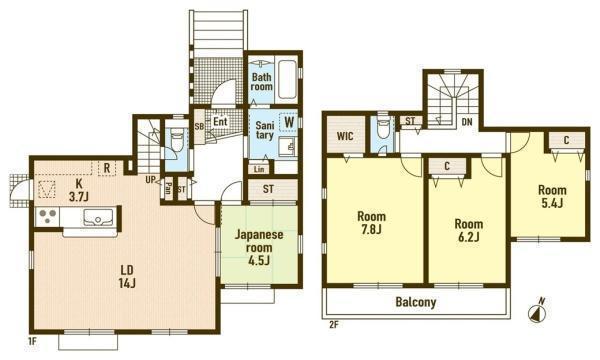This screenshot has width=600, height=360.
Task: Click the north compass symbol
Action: point(537,312)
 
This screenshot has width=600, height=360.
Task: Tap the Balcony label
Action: point(416,302)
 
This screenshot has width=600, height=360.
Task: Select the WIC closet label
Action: point(345,136)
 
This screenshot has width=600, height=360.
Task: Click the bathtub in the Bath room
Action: point(287,79)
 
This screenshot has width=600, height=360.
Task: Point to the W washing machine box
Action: point(289,122)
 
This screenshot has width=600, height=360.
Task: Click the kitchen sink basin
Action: point(98,217)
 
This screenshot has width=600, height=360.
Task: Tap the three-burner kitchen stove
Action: point(47,217)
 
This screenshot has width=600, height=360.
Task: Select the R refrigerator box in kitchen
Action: point(107,168)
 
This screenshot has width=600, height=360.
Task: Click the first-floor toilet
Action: point(177,139)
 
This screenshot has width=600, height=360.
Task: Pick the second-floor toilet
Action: point(383,129)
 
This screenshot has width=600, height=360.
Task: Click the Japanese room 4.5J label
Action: point(259,247)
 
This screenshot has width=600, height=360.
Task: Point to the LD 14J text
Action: point(127,277)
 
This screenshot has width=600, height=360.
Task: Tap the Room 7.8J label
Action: point(371,222)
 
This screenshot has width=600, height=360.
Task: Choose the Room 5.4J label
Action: point(552,196)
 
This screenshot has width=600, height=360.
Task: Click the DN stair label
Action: point(467,122)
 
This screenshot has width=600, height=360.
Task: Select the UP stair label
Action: point(150,179)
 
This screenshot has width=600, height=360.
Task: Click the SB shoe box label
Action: point(199,126)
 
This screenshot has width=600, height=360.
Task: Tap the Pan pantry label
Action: point(168,188)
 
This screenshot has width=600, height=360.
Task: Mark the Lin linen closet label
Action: point(259,169)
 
